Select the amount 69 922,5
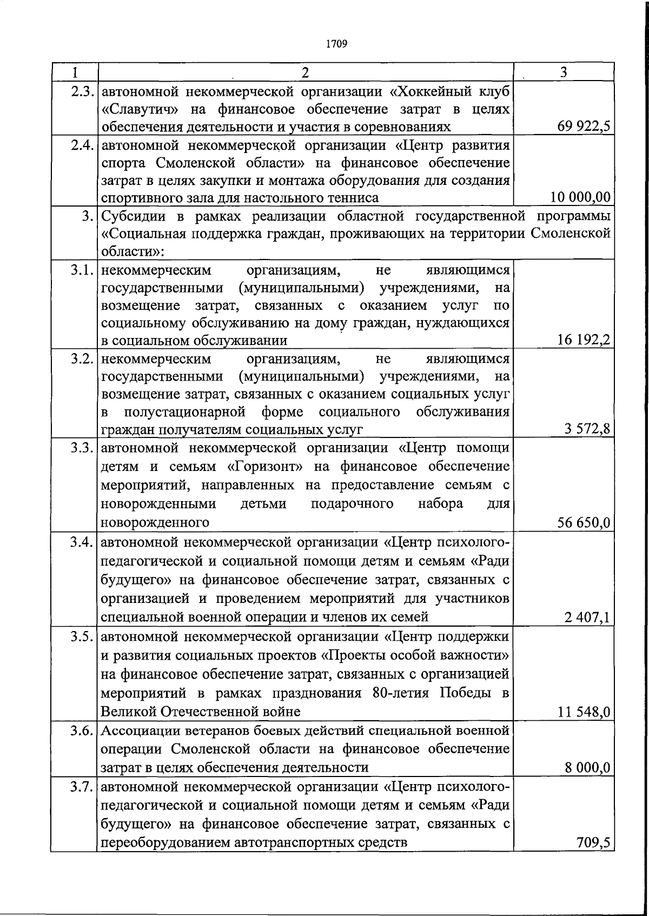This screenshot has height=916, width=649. (x=584, y=127)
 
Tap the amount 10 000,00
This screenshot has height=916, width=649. (x=580, y=198)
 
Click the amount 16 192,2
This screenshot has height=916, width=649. (x=584, y=340)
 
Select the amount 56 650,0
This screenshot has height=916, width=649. (x=584, y=522)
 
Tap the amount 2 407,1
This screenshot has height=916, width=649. (x=587, y=616)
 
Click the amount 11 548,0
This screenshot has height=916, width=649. (x=584, y=712)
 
